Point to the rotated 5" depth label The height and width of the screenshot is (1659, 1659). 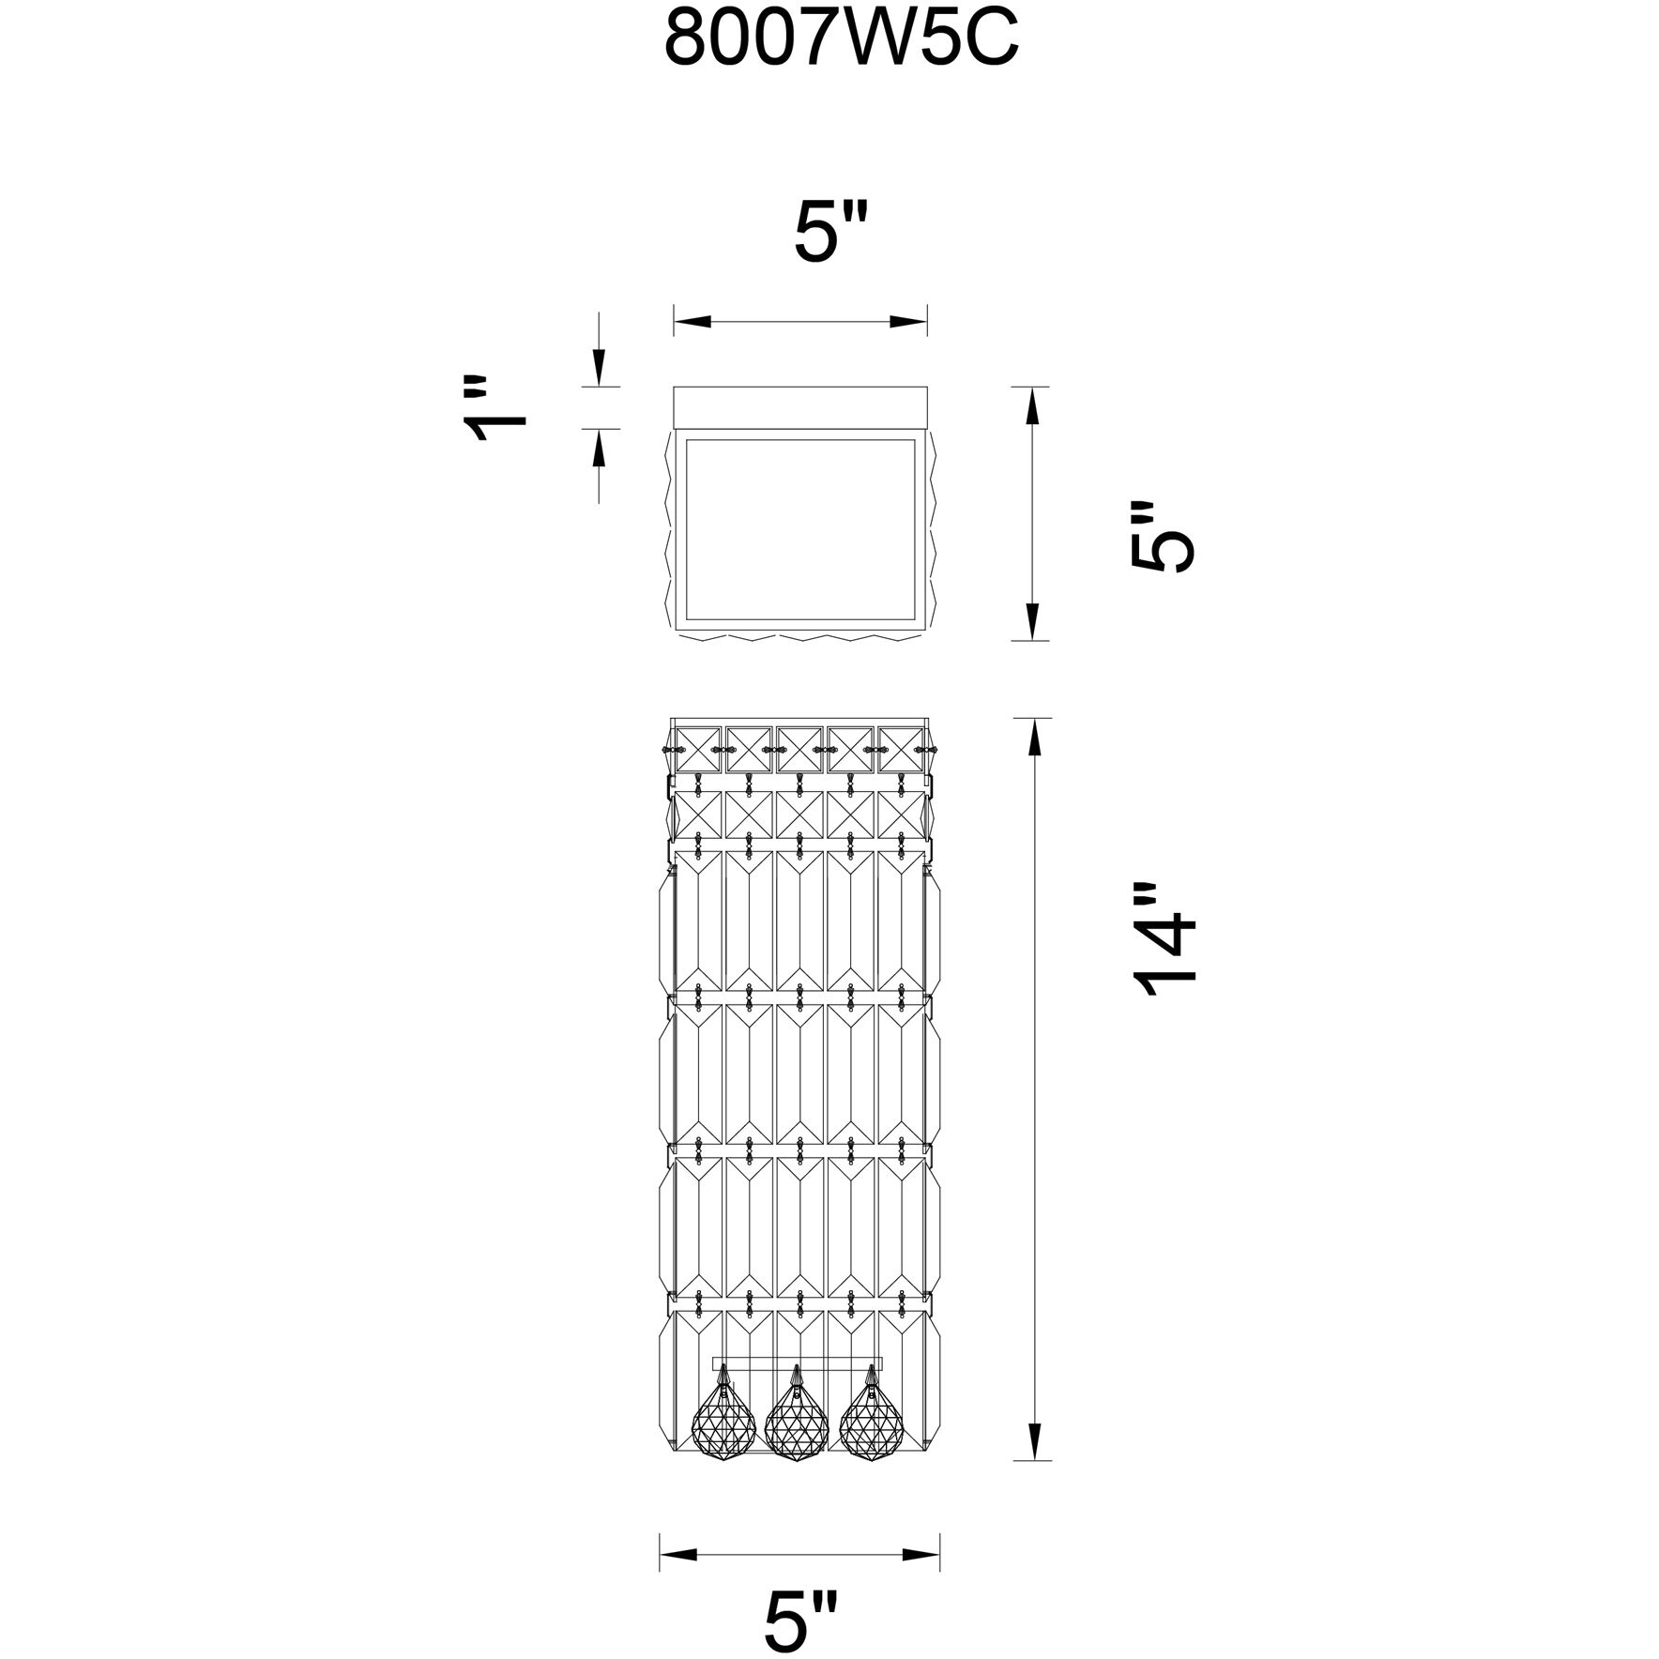pos(1163,536)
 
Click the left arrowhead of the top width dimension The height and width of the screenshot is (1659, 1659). pos(693,322)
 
